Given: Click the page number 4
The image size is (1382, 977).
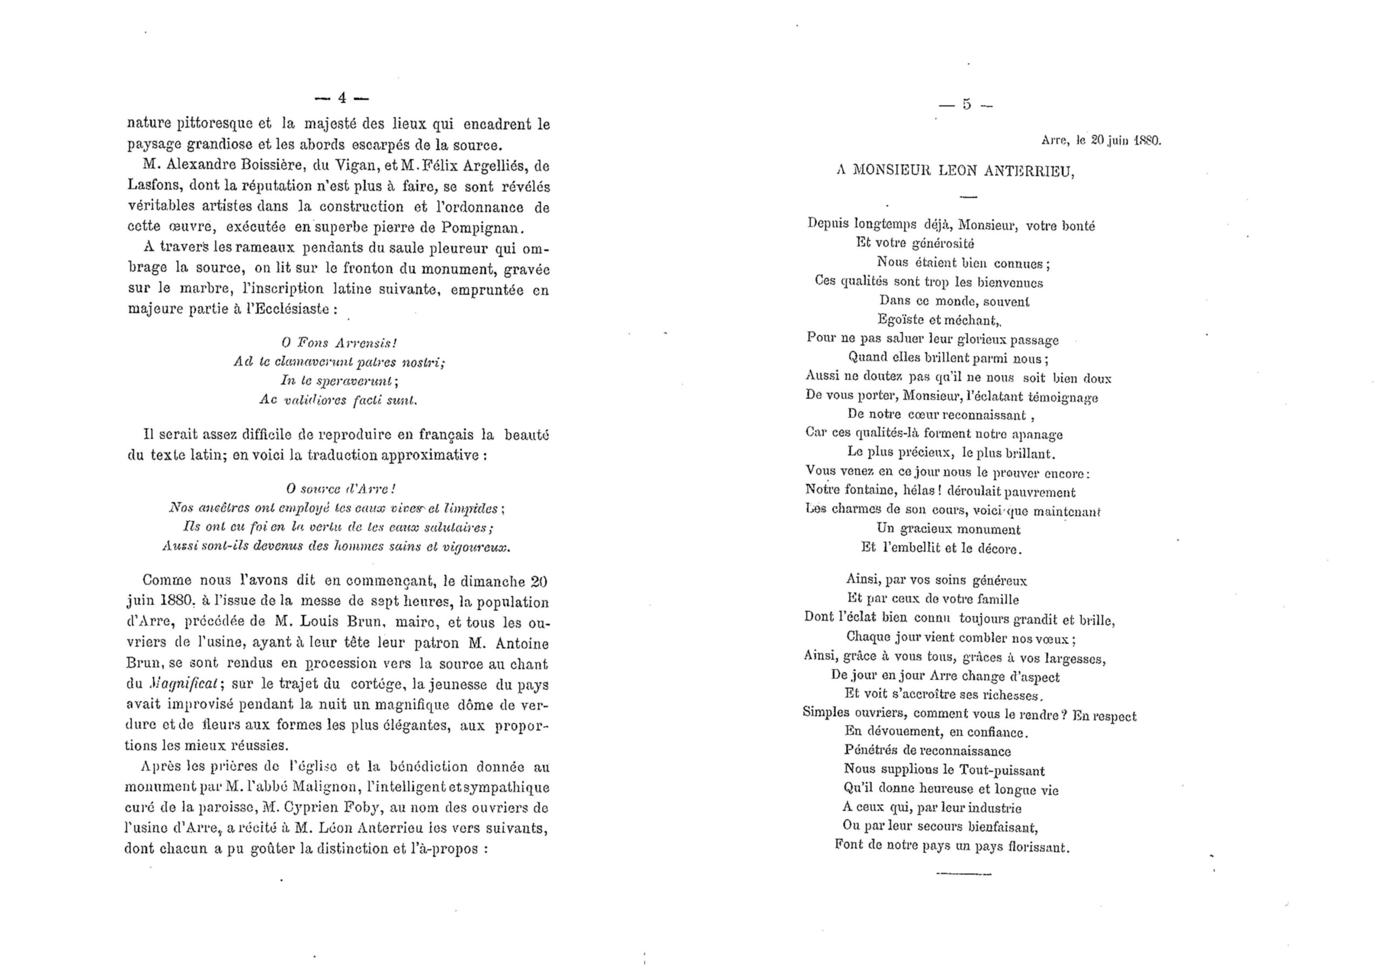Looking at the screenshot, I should pos(341,98).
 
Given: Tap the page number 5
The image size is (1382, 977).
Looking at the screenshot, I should pos(967,104).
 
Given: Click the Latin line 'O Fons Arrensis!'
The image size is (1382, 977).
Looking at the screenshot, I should pos(339,343).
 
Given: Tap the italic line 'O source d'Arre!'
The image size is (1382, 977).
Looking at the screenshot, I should pos(340,487).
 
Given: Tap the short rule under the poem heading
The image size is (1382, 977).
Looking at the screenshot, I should pos(967,197).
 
